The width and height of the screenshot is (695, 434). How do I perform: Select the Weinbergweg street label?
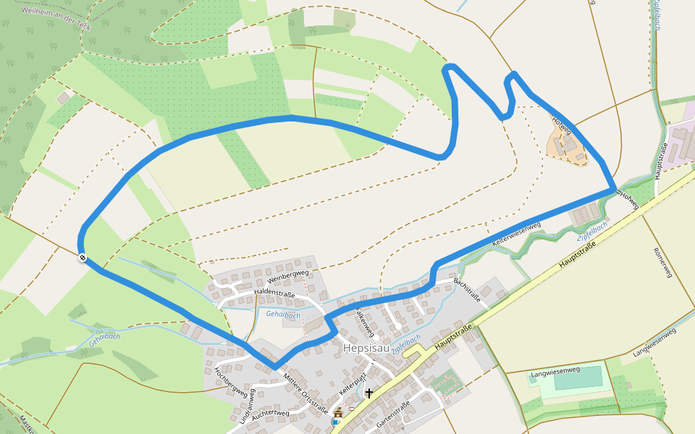click(x=288, y=276)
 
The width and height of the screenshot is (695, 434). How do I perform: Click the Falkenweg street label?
click(x=364, y=323)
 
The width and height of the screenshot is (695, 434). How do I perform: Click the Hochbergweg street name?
click(x=229, y=382)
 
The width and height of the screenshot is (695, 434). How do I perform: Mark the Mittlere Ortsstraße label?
click(x=305, y=391)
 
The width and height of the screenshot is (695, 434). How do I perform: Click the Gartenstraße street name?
click(x=395, y=414)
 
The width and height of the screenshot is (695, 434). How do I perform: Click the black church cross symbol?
click(x=369, y=393)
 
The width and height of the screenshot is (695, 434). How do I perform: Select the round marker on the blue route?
click(x=83, y=257)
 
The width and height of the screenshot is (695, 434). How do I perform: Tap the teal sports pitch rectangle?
click(x=577, y=378)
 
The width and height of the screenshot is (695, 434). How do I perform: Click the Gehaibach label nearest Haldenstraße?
click(x=282, y=315)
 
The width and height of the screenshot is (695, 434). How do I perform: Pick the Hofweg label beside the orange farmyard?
click(x=562, y=125)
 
